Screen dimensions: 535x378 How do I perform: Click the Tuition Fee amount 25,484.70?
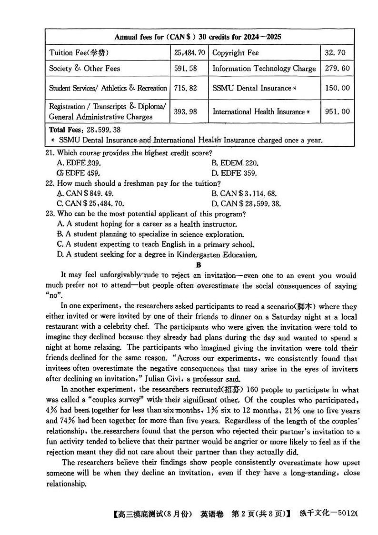click(x=189, y=53)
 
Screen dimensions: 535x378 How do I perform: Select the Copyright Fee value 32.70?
click(x=335, y=53)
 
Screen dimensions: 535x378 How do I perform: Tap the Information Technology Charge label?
click(x=264, y=69)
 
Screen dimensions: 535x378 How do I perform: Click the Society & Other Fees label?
click(x=84, y=69)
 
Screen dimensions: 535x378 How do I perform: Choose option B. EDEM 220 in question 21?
click(x=235, y=163)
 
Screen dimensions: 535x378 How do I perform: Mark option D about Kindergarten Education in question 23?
click(x=157, y=254)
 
